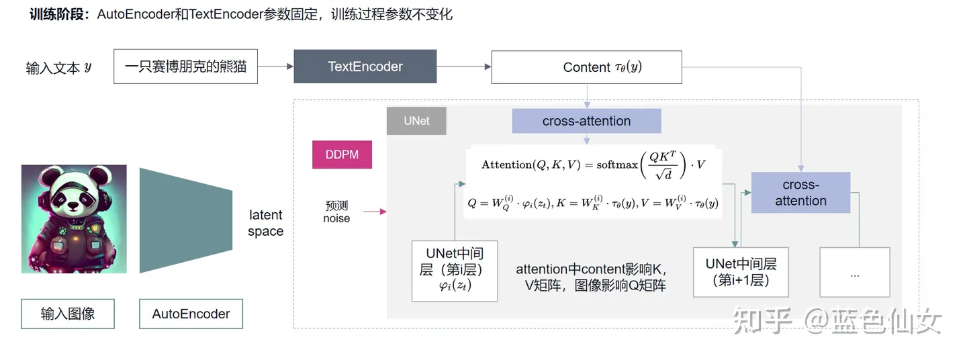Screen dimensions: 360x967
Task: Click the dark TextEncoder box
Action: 365,66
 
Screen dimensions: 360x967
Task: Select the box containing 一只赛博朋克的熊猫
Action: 185,66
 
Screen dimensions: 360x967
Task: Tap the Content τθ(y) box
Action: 586,67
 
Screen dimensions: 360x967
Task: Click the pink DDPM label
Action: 342,154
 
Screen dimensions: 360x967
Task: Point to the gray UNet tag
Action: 416,122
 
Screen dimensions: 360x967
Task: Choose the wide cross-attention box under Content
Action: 586,122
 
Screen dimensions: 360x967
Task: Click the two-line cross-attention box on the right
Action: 800,193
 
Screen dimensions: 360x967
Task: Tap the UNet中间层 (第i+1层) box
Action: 735,272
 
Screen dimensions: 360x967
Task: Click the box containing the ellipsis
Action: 854,273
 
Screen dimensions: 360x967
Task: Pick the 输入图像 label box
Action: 68,314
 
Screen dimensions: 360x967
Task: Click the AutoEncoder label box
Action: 191,314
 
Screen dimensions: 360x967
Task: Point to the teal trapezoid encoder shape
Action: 185,220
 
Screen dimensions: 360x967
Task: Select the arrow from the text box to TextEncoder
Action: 275,66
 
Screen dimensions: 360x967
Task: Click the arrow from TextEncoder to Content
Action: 464,66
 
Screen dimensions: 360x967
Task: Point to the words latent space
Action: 266,223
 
